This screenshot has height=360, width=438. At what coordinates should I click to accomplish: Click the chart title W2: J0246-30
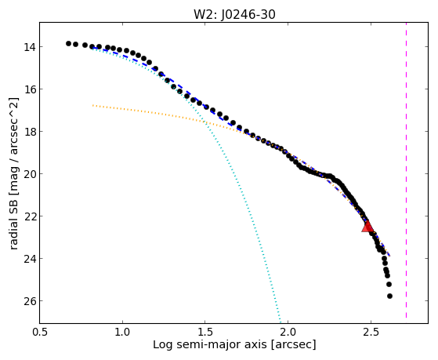click(234, 14)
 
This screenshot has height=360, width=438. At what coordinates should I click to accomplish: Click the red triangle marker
click(367, 227)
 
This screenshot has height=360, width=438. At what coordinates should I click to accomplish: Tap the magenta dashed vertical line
click(406, 170)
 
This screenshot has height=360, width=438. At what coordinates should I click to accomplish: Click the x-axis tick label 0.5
click(40, 332)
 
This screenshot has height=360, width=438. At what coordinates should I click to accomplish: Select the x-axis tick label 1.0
click(122, 332)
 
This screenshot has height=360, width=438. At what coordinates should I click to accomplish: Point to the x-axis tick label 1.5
click(205, 332)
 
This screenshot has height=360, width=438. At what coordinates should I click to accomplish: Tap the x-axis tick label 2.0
click(288, 332)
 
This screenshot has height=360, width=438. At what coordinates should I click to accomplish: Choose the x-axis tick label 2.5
click(371, 332)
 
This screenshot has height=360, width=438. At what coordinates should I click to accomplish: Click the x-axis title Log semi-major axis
click(210, 344)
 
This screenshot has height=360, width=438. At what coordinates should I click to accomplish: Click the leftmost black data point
click(68, 43)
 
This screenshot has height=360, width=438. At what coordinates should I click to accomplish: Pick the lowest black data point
click(389, 296)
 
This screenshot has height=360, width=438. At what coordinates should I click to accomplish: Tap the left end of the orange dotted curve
click(92, 105)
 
